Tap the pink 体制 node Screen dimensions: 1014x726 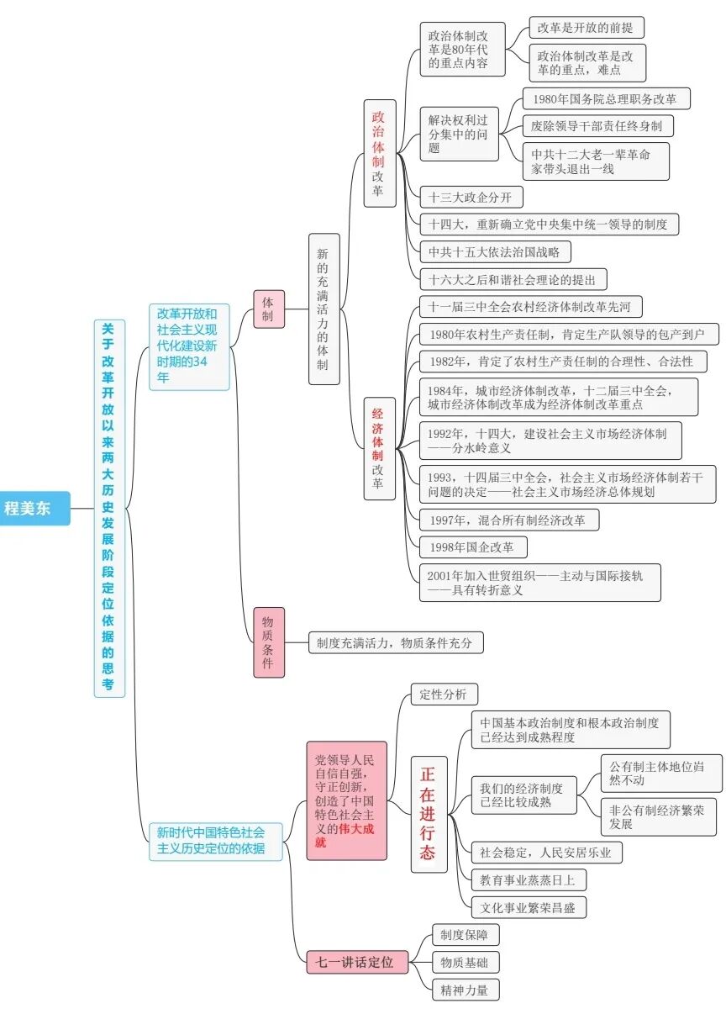pos(269,309)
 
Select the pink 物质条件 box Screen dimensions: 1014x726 pos(269,642)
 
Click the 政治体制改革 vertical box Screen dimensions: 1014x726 pos(379,154)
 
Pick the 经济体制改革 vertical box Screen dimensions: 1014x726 pos(379,449)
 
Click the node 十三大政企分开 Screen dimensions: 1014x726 pos(471,198)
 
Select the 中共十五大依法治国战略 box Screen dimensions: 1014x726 pos(494,251)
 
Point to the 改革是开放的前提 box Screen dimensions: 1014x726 pos(587,28)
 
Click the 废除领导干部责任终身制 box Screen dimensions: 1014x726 pos(597,126)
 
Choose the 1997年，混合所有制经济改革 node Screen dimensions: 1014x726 pos(508,520)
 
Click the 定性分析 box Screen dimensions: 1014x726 pos(444,694)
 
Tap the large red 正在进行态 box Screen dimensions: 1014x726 pos(429,814)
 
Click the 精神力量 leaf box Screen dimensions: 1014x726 pos(465,990)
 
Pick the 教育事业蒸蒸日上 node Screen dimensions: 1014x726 pos(528,880)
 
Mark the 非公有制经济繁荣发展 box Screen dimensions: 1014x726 pos(660,815)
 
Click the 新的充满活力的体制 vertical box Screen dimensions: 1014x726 pos(324,309)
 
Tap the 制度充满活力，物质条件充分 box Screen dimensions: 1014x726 pos(395,643)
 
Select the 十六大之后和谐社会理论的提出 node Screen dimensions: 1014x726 pos(513,278)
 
